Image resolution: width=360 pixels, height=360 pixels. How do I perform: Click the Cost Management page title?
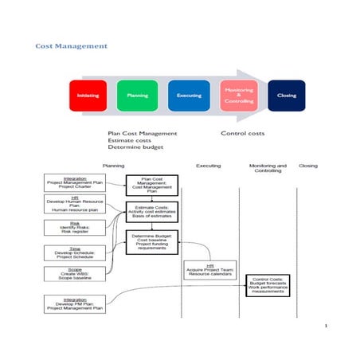71,46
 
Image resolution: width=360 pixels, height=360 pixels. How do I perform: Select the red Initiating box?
88,96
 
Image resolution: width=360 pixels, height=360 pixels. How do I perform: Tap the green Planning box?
137,96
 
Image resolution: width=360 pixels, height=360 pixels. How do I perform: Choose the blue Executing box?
189,96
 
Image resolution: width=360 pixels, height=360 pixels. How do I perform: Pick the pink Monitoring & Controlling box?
238,96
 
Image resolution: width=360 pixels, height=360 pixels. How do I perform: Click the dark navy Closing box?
286,96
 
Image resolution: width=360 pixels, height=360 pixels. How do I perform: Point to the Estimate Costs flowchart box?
152,211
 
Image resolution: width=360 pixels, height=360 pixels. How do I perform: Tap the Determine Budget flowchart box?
152,241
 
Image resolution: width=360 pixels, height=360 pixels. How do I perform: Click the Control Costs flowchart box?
268,284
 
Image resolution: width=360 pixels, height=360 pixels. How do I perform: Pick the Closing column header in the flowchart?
307,166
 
